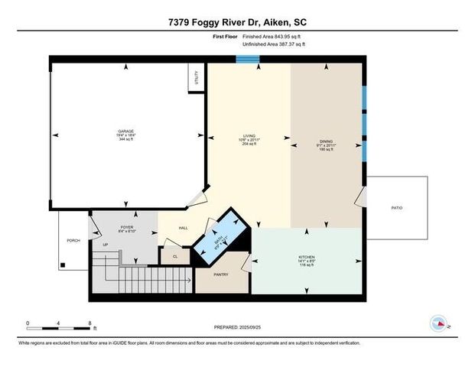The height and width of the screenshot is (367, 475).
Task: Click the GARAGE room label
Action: point(127,131)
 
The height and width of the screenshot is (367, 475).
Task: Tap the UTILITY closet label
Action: point(197,77)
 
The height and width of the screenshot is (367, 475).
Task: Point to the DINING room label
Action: point(326,141)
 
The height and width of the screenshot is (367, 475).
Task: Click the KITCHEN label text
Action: point(306,257)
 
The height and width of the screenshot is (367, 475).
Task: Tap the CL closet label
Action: point(175,257)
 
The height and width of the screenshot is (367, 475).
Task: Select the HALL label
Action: point(184,228)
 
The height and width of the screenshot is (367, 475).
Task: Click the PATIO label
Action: point(396,208)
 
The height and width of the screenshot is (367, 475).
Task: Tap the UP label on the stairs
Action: point(105,245)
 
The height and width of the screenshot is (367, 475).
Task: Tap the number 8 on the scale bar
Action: point(90,323)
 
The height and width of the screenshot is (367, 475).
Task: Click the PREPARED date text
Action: point(237,326)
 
